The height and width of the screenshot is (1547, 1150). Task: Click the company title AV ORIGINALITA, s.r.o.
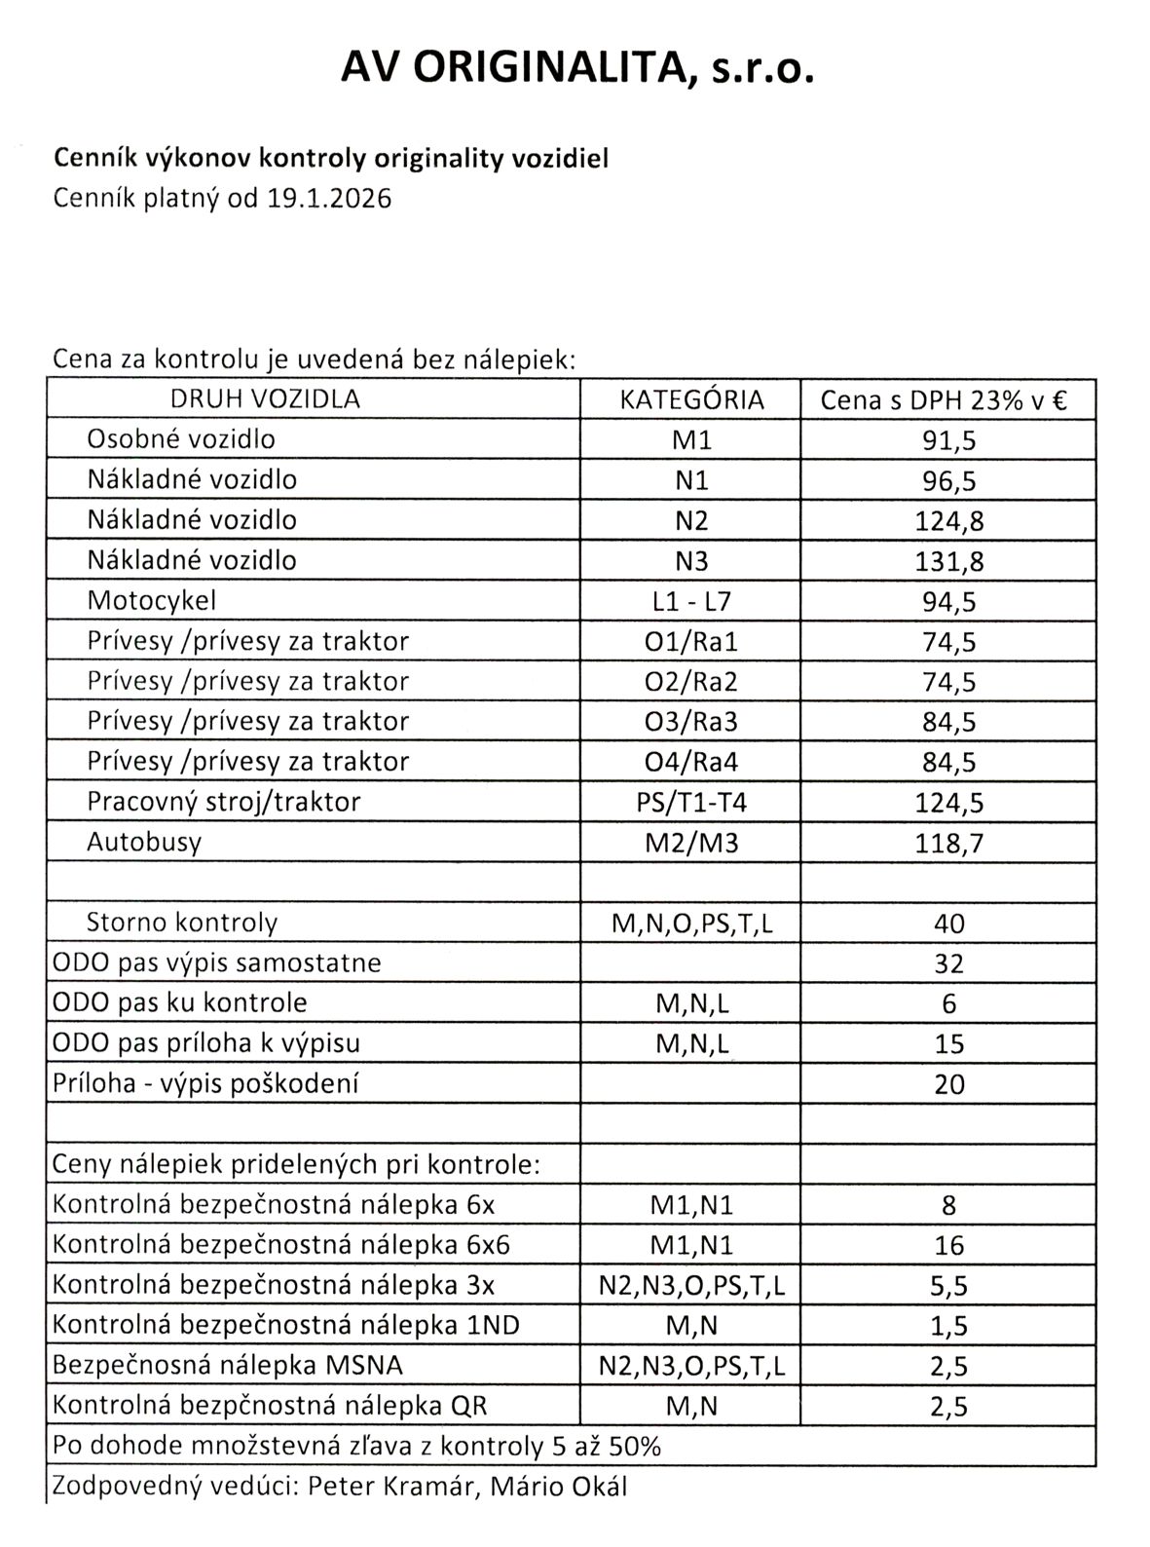575,69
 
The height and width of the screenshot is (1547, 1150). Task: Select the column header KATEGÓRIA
691,399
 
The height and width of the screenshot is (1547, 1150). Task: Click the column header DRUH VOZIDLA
265,398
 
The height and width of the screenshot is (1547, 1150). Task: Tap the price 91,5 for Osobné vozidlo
948,440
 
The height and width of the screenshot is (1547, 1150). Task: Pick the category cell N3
691,561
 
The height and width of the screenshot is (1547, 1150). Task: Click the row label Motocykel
152,600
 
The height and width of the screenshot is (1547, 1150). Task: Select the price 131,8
948,561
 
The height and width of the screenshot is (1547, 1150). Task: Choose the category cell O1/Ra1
691,641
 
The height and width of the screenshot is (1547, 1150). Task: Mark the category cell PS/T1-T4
691,802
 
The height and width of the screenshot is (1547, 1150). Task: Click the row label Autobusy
144,842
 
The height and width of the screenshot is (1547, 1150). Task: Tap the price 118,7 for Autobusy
948,843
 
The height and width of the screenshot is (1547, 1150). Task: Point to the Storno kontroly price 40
948,923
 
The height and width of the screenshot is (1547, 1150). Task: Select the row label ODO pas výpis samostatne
216,963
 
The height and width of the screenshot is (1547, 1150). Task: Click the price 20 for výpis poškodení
948,1083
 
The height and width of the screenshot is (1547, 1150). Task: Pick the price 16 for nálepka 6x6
948,1245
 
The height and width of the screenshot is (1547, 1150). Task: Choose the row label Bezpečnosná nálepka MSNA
228,1366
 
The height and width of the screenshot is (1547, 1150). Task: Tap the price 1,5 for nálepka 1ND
948,1326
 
